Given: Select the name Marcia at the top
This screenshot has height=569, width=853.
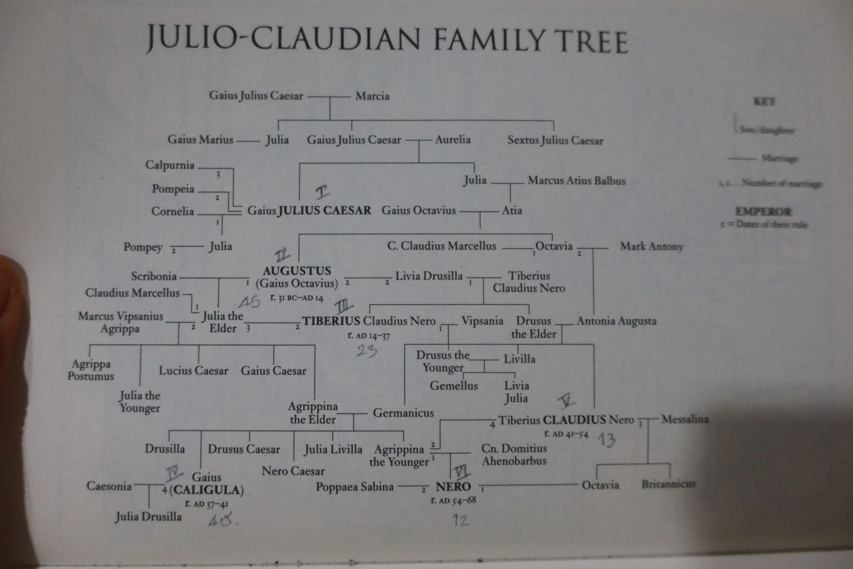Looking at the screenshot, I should click(372, 96).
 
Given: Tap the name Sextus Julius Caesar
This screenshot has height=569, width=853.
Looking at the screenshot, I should click(555, 140).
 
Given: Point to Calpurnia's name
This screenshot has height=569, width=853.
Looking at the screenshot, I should click(170, 165).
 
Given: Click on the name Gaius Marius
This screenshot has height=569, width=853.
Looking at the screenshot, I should click(200, 140).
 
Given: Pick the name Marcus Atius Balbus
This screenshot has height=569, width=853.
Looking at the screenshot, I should click(576, 181).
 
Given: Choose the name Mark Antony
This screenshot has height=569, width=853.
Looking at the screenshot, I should click(652, 247).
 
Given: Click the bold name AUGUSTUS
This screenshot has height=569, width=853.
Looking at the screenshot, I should click(297, 271).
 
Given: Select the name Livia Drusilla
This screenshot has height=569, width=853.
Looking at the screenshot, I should click(429, 276).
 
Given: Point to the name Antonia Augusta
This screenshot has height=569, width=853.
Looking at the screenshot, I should click(616, 321).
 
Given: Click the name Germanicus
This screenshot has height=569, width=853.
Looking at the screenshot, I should click(403, 413).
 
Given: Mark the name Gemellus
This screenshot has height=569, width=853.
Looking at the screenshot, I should click(454, 386).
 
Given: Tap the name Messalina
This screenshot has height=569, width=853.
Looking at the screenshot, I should click(684, 419).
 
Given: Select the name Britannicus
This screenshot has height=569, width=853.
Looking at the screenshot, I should click(668, 484).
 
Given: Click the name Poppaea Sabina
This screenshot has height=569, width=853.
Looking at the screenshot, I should click(354, 487).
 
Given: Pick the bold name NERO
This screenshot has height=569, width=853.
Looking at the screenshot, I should click(453, 487).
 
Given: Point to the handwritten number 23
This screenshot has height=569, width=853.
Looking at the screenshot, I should click(367, 351).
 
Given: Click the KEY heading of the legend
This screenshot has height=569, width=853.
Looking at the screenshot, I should click(764, 102).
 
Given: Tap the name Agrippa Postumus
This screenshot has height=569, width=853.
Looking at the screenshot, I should click(91, 370).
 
